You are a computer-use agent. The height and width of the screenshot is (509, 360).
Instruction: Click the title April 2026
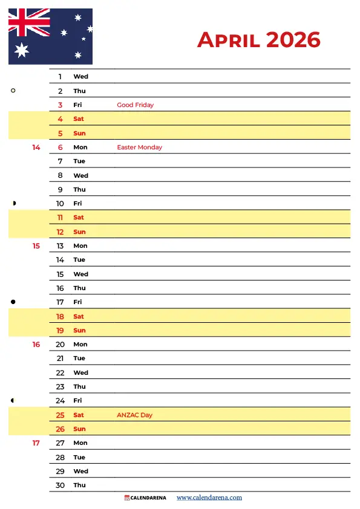tap(258, 40)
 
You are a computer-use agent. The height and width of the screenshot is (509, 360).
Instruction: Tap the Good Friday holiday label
tap(135, 105)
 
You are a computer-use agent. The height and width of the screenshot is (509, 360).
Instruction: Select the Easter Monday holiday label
tap(139, 148)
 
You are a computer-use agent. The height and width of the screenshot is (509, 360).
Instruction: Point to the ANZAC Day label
tap(134, 415)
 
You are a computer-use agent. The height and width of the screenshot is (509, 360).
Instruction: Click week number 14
tap(36, 148)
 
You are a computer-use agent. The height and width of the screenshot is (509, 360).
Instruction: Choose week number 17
tap(36, 443)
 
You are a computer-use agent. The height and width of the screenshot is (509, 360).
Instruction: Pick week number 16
tap(36, 345)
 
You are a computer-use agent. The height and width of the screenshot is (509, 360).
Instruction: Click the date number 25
tap(60, 415)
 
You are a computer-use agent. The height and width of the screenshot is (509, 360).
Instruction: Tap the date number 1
tap(60, 77)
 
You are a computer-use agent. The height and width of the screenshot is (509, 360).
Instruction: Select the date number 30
tap(60, 485)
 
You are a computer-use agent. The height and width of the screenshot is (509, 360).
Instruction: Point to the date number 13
tap(60, 246)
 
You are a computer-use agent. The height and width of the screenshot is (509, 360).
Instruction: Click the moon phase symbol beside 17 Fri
tap(13, 302)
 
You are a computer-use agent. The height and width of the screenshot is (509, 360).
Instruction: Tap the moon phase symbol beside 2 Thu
tap(13, 91)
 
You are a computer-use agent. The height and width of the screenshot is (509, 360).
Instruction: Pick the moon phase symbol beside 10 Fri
tap(13, 203)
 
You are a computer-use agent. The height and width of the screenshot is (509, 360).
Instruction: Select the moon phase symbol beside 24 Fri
tap(13, 400)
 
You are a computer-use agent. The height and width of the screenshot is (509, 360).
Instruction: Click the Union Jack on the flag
tap(29, 22)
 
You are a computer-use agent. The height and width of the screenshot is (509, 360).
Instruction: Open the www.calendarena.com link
tap(209, 498)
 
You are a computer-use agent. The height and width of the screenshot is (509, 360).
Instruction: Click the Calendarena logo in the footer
tap(145, 498)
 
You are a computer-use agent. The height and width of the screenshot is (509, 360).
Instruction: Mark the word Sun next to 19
tap(79, 331)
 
